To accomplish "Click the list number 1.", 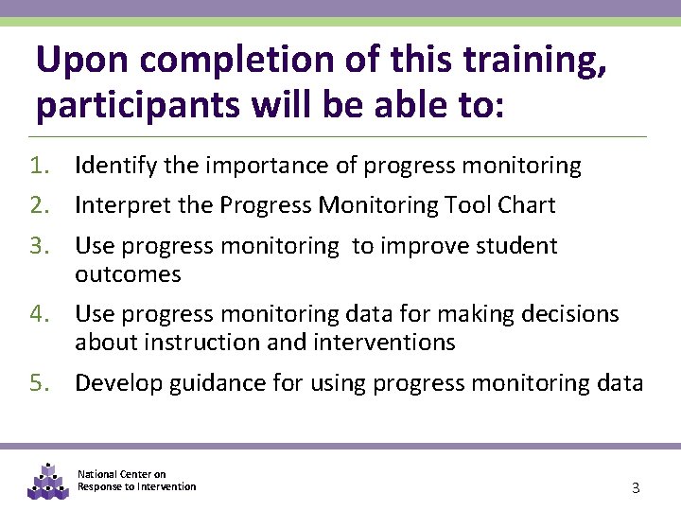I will (39, 167).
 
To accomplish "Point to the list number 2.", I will (39, 205).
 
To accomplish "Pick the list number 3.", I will (39, 246).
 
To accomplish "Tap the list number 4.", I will (39, 313).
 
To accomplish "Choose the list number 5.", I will (39, 383).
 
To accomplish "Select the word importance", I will (255, 167).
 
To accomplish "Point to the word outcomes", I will (128, 275).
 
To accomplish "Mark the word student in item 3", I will (516, 246).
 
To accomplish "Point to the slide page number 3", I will (636, 488).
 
